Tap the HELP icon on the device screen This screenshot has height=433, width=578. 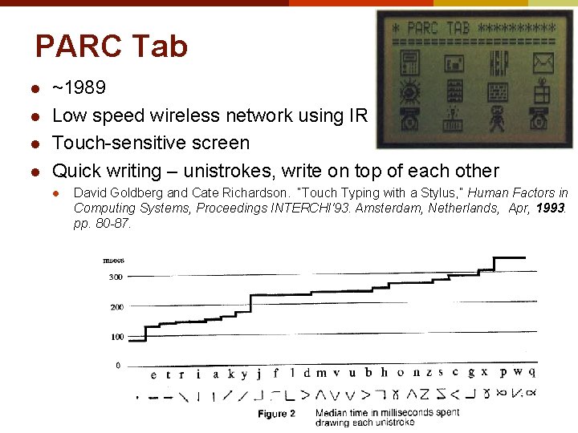point(499,62)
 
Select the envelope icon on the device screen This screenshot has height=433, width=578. point(543,61)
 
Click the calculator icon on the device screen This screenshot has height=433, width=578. point(455,91)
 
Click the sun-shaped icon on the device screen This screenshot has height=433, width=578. point(410,91)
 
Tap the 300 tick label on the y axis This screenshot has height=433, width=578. point(116,277)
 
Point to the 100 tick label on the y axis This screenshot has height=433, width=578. point(116,337)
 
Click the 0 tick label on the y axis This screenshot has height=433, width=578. point(118,366)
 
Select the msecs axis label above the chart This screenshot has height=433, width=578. point(114,260)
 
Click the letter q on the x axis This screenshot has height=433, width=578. point(531,371)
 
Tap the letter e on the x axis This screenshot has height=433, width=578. point(153,374)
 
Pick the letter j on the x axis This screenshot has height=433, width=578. point(258,374)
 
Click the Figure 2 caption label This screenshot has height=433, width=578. point(277,414)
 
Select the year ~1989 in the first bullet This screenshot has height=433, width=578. point(79,87)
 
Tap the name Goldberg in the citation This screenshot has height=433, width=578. point(136,193)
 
